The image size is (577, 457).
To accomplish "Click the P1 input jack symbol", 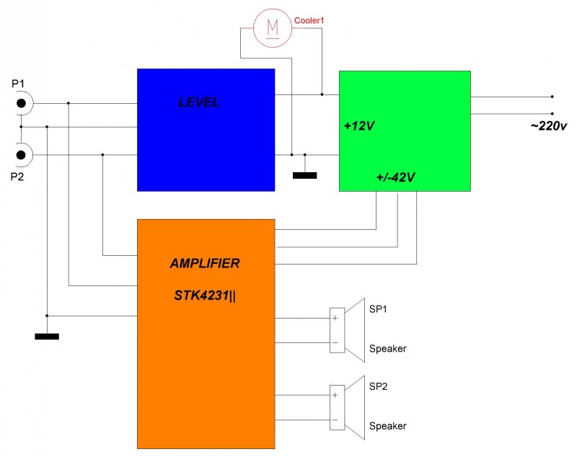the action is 22,103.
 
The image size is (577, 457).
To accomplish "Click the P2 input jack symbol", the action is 22,155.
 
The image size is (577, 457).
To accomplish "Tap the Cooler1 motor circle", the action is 273,28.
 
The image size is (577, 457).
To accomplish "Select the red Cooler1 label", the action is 309,21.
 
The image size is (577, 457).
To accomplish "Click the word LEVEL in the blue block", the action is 199,102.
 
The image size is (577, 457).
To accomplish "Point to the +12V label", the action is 359,126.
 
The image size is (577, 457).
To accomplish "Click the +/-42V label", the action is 395,177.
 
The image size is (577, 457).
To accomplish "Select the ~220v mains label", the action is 549,126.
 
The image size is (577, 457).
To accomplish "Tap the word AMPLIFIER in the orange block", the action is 205,263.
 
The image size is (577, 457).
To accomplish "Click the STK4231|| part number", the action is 205,296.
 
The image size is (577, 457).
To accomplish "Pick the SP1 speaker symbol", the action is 347,330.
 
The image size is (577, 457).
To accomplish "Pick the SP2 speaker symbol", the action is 347,407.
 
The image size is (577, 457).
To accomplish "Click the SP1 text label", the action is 378,309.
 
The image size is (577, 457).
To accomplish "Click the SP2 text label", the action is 378,386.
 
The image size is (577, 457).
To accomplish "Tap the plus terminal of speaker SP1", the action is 335,318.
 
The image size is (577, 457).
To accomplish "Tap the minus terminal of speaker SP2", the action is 335,420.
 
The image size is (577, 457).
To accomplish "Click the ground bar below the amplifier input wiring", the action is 47,337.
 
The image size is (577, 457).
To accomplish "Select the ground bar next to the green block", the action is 304,176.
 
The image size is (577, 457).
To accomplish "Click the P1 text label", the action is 18,84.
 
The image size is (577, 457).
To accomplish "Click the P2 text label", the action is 17,177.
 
